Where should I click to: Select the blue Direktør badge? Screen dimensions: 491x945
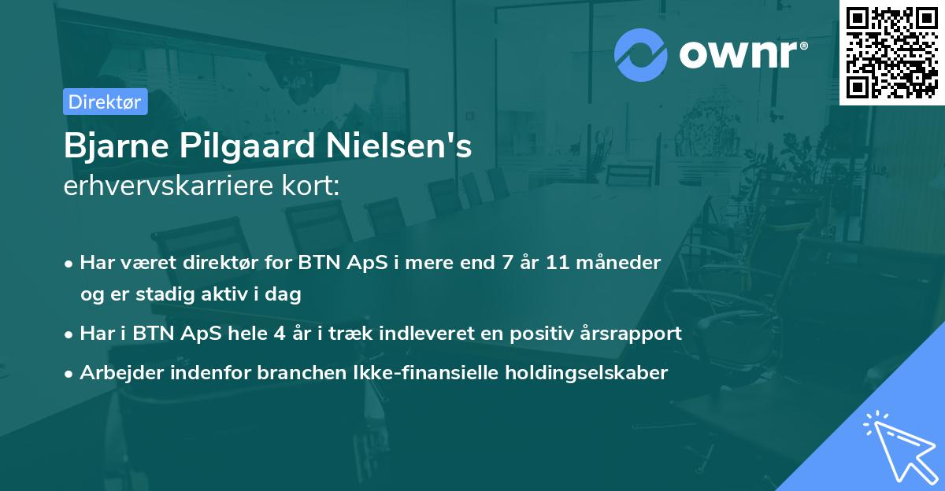105,102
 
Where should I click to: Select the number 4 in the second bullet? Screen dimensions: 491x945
280,333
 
